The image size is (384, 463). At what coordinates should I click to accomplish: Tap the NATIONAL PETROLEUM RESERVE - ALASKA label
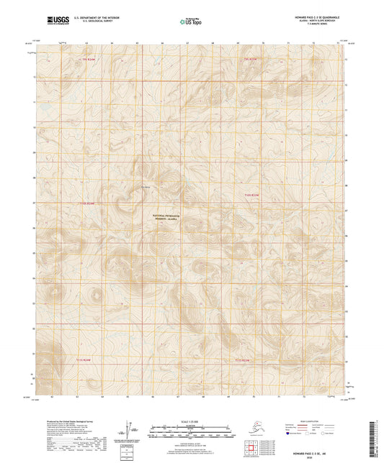(x=169, y=219)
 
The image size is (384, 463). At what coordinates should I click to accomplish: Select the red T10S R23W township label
(x=250, y=195)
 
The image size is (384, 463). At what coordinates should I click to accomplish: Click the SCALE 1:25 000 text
(x=190, y=421)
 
